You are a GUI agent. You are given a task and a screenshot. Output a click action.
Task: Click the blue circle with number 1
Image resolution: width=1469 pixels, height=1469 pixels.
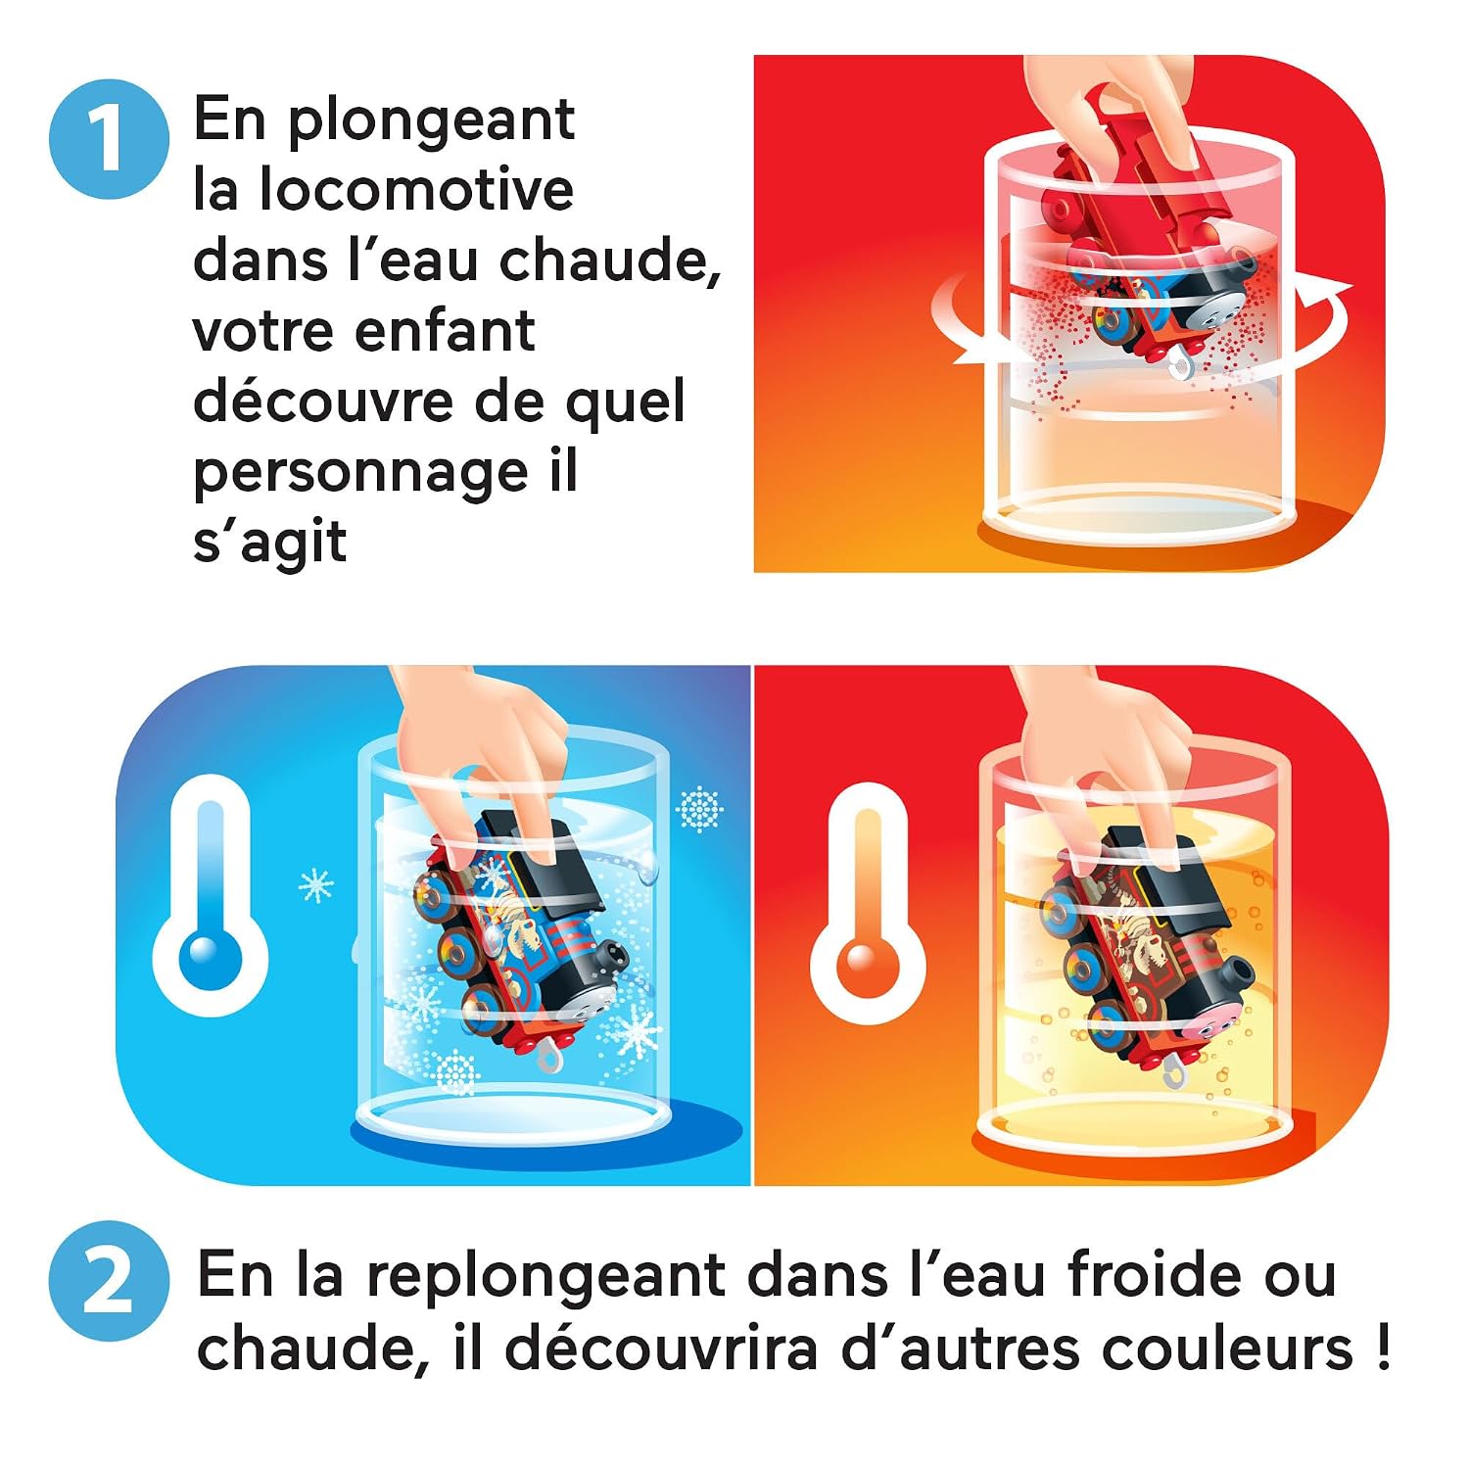[x=109, y=139]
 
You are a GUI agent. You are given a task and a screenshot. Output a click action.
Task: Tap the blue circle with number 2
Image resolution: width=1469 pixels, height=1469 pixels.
[x=109, y=1280]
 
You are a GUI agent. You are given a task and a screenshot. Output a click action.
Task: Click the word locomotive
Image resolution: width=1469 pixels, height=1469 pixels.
[x=416, y=189]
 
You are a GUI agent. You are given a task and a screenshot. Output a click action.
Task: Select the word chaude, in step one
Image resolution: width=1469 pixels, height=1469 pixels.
[x=609, y=261]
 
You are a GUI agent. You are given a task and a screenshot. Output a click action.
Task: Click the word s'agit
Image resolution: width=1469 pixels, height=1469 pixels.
[x=269, y=542]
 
